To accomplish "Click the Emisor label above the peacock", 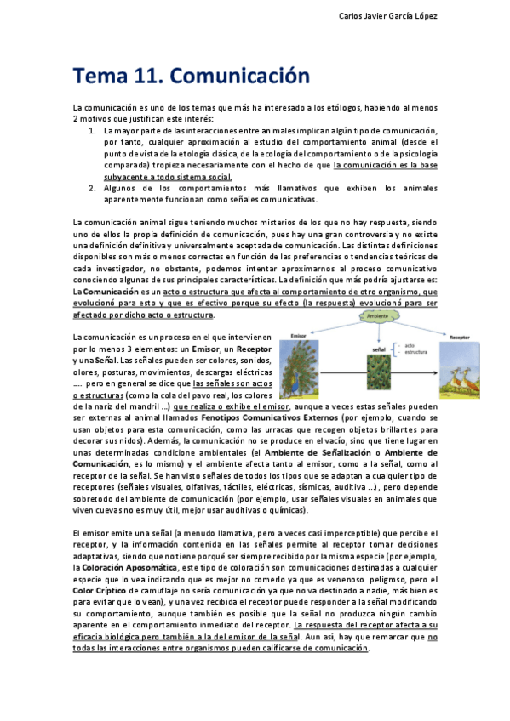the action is pos(298,335).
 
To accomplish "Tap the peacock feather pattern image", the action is pos(381,376).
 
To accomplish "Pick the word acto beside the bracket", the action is pos(409,345).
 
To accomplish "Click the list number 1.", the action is pos(92,132).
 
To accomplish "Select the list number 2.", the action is pos(92,188).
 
